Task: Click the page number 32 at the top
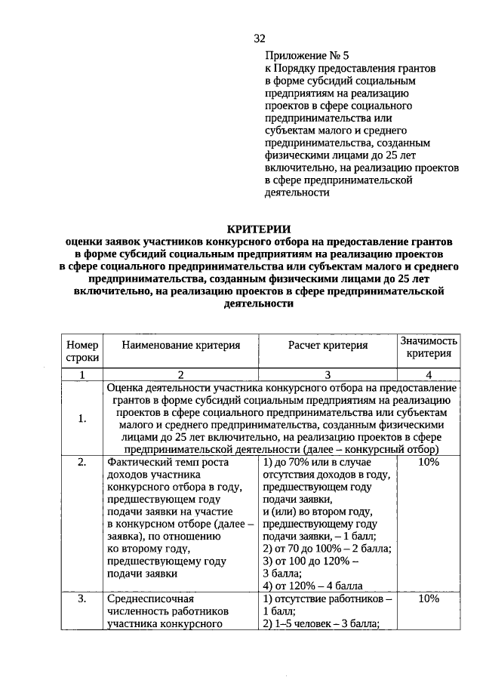(260, 38)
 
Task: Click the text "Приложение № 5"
(307, 56)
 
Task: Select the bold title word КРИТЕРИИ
(258, 229)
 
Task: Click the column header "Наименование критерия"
(181, 346)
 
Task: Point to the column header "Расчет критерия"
(328, 346)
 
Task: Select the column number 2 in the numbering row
(181, 374)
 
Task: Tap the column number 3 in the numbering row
(328, 374)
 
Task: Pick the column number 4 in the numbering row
(429, 374)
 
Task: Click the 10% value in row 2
(428, 462)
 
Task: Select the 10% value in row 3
(428, 599)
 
